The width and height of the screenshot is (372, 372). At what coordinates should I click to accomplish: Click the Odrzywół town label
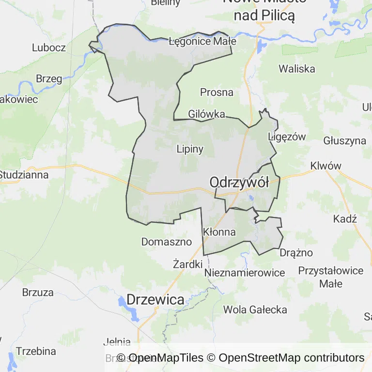point(239,183)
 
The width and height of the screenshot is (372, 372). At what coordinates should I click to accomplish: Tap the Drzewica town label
point(155,299)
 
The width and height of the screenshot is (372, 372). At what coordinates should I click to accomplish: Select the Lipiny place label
point(190,149)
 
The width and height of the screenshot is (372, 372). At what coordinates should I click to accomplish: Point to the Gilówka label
point(207,114)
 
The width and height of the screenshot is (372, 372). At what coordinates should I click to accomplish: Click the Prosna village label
point(217,92)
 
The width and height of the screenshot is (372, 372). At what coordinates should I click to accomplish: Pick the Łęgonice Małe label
point(202,41)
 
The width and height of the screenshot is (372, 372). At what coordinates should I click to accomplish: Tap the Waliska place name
point(297,69)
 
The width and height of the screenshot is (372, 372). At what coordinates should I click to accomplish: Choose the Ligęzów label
point(287,137)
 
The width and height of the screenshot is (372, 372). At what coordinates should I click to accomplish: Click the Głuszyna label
point(345,141)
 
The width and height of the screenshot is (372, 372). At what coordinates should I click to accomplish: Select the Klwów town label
point(326,166)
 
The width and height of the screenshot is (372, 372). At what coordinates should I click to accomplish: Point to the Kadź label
point(345,218)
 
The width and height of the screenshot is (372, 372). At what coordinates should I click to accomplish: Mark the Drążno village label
point(296,253)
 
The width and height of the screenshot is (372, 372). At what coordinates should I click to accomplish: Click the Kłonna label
point(219,232)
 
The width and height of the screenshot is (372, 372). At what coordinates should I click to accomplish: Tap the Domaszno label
point(166,241)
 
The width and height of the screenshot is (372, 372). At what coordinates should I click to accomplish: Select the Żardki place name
point(187,264)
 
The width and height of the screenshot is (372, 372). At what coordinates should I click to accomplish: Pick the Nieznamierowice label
point(245,273)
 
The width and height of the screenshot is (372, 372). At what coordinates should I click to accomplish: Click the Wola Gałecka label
point(255,309)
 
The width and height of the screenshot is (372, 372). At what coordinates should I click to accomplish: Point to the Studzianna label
point(24,174)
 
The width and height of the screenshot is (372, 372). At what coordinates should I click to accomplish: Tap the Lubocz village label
point(48,47)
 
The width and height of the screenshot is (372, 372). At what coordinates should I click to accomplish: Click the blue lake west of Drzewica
point(122,303)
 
